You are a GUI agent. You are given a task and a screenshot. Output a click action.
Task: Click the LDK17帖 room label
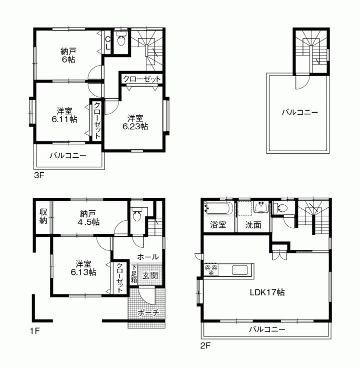point(267,292)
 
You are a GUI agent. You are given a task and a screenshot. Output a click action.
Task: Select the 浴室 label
point(218,225)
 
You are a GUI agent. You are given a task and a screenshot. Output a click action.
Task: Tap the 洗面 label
point(253,225)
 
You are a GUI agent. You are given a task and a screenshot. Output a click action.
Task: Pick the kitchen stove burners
point(211,270)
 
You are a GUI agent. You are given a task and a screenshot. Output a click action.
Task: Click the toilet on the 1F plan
point(137,214)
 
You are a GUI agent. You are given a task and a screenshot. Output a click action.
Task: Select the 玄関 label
point(150,275)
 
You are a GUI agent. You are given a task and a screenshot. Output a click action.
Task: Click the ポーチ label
point(148,313)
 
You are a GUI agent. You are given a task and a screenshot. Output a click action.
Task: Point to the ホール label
point(148,256)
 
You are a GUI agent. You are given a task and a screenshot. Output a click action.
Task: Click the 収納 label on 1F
point(43,216)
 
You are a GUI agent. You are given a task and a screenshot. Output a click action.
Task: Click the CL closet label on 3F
point(107,42)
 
